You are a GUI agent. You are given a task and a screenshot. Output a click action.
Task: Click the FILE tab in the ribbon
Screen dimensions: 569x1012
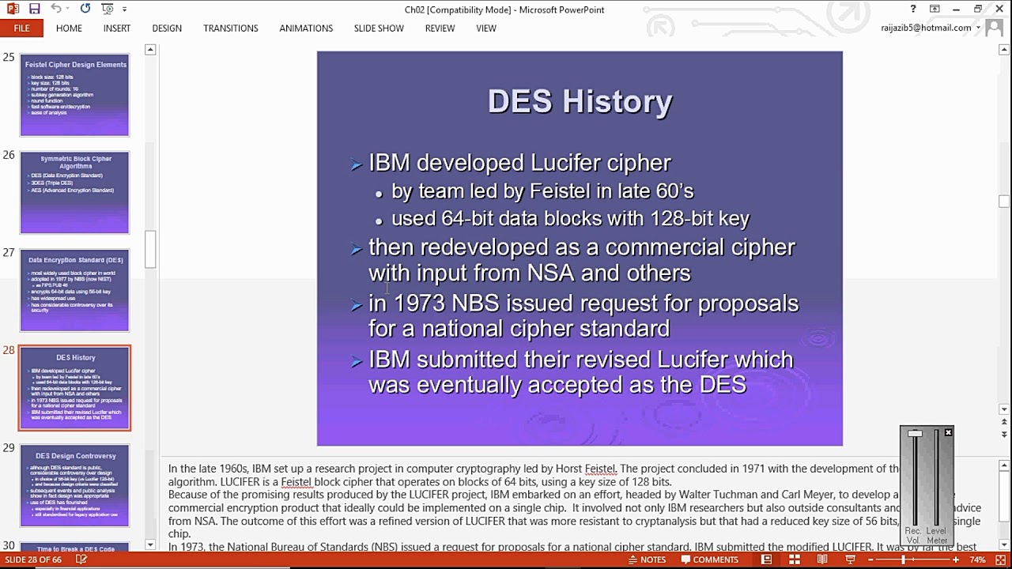[x=21, y=28]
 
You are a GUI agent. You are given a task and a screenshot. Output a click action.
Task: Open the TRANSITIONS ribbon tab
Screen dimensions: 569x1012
[x=230, y=28]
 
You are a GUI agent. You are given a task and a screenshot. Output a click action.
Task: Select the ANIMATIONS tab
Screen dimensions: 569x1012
[x=306, y=28]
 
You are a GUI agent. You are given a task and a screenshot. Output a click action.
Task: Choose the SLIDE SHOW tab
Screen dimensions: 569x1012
[x=379, y=28]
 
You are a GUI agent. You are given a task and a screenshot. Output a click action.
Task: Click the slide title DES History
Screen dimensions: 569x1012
[x=580, y=101]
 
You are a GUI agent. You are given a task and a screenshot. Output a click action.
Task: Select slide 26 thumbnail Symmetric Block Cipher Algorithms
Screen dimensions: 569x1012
[x=74, y=193]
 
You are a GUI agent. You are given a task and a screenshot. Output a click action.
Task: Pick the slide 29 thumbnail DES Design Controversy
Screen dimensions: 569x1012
[x=75, y=485]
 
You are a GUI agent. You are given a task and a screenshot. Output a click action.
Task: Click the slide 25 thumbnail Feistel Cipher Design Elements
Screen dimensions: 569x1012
[x=74, y=95]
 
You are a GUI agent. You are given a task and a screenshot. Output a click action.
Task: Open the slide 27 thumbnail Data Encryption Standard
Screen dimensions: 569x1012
[x=74, y=290]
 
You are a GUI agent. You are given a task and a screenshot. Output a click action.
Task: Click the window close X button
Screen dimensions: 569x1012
[x=999, y=9]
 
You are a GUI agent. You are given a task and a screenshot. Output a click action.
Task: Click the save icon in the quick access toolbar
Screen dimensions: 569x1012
[x=34, y=9]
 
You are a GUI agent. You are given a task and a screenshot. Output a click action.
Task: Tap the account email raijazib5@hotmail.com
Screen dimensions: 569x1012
[x=926, y=28]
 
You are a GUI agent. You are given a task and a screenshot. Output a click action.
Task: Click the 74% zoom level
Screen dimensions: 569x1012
[x=978, y=560]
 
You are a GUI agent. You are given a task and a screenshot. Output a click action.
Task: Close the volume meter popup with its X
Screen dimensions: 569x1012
[x=948, y=432]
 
